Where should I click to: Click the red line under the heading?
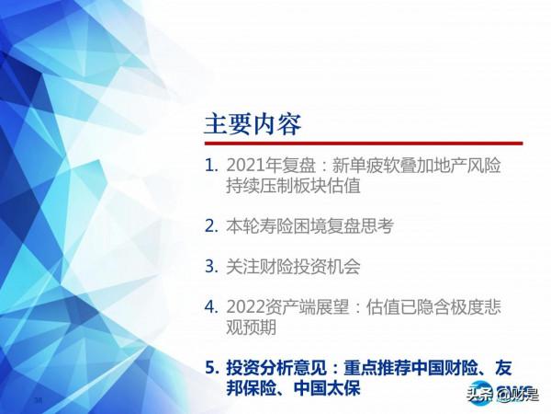coord(363,144)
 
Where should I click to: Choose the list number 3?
coord(211,267)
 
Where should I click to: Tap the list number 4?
coord(211,307)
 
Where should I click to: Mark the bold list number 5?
coord(211,368)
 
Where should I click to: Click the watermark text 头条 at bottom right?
coord(478,397)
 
